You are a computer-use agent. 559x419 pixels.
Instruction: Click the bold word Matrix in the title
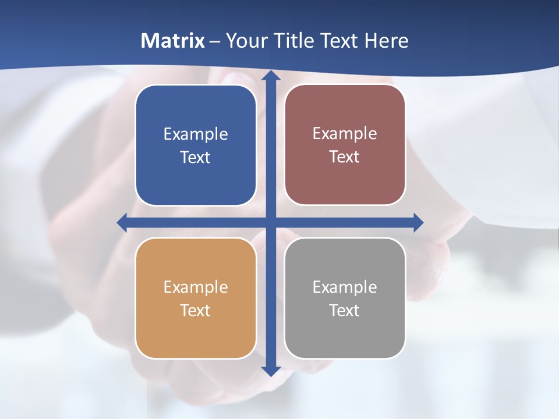pyautogui.click(x=173, y=41)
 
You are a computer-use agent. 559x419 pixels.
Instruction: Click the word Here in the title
pyautogui.click(x=387, y=41)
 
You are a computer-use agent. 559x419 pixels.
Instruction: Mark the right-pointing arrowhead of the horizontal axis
pyautogui.click(x=418, y=222)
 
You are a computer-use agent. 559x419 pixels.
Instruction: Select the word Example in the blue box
pyautogui.click(x=196, y=134)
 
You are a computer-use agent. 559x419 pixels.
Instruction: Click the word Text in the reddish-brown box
pyautogui.click(x=345, y=157)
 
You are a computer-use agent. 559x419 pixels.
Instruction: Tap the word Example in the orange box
pyautogui.click(x=196, y=287)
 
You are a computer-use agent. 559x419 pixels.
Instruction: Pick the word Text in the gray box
pyautogui.click(x=345, y=310)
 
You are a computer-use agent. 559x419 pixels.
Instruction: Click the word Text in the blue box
pyautogui.click(x=196, y=158)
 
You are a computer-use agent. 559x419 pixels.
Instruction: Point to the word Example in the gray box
pyautogui.click(x=345, y=287)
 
